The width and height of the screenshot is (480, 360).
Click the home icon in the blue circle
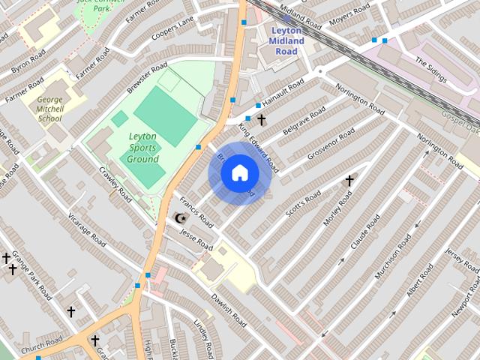pyautogui.click(x=239, y=173)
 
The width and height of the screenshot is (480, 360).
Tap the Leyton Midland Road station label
pyautogui.click(x=286, y=40)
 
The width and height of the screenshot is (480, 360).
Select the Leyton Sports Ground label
pyautogui.click(x=143, y=148)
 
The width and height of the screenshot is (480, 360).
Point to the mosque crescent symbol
pyautogui.click(x=179, y=218)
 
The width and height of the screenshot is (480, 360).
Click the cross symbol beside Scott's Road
pyautogui.click(x=349, y=181)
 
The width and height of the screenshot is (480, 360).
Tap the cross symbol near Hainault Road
pyautogui.click(x=261, y=119)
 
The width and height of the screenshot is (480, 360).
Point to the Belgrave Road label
pyautogui.click(x=304, y=121)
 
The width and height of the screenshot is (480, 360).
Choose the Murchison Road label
pyautogui.click(x=393, y=257)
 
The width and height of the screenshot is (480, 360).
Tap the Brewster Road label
pyautogui.click(x=147, y=78)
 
